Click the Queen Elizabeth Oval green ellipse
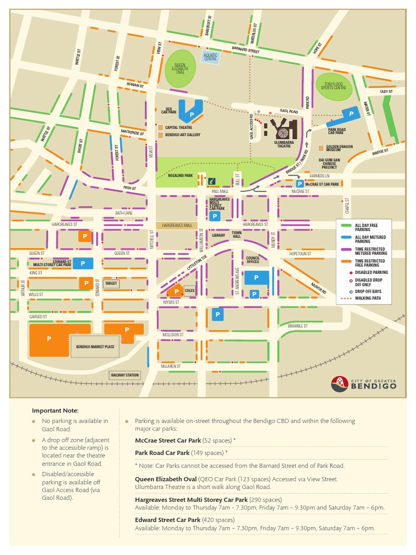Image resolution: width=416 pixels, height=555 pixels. tap(180, 68)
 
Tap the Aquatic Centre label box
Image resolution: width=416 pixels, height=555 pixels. tap(210, 57)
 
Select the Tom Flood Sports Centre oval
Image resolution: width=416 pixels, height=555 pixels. tap(334, 87)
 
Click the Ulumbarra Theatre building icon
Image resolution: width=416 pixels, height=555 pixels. tap(283, 130)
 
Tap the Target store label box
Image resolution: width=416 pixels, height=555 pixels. tap(111, 283)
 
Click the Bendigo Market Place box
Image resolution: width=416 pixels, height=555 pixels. tap(95, 347)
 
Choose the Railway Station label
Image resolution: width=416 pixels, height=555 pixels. tap(125, 375)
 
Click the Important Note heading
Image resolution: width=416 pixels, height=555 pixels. tap(55, 410)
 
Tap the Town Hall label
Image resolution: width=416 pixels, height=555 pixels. tap(237, 234)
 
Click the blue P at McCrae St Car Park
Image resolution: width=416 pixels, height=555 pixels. tap(300, 184)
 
